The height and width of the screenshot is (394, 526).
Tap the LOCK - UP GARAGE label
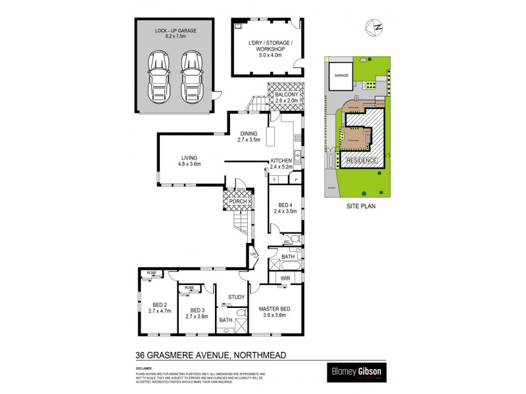click(x=176, y=31)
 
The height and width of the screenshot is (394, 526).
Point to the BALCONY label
click(x=287, y=95)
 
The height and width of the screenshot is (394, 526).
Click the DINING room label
click(x=249, y=134)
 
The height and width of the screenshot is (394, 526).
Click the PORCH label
click(x=238, y=201)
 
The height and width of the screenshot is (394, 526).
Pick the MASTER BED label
click(x=275, y=309)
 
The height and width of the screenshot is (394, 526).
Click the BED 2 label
click(x=160, y=305)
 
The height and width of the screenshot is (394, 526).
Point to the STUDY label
click(x=236, y=297)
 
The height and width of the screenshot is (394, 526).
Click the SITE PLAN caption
click(x=360, y=206)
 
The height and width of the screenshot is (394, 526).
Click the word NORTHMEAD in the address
click(x=264, y=356)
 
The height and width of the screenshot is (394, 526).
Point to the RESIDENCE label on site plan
click(x=361, y=160)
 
